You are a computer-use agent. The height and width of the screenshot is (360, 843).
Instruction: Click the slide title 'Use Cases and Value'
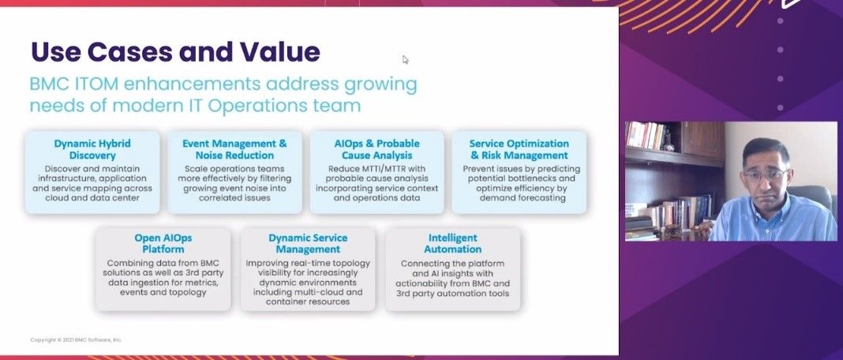(x=175, y=51)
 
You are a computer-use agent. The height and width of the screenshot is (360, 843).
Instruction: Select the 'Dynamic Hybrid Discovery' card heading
(x=92, y=149)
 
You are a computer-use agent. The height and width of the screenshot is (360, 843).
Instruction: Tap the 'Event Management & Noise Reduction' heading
(x=234, y=149)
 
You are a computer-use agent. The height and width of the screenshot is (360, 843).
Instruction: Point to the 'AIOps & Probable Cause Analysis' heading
(x=377, y=149)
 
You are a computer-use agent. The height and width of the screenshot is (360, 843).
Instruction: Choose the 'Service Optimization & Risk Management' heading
(x=519, y=149)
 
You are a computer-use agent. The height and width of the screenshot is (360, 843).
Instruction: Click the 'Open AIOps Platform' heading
(x=163, y=244)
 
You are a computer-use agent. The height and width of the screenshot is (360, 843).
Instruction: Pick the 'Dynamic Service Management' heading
(x=308, y=244)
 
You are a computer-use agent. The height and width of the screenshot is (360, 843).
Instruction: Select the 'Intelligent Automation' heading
(x=453, y=244)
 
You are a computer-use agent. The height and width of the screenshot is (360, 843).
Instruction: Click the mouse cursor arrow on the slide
(x=406, y=59)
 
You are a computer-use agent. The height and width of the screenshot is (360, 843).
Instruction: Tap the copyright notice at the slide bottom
(x=77, y=339)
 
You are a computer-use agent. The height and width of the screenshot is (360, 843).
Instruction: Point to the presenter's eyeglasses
(x=766, y=175)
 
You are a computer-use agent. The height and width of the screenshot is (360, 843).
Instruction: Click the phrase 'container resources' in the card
(x=308, y=302)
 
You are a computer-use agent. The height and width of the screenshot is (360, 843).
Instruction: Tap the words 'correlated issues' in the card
(x=234, y=197)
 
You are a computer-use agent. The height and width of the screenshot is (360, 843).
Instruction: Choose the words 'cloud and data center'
(x=92, y=197)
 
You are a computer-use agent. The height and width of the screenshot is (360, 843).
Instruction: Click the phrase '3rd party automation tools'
(x=453, y=293)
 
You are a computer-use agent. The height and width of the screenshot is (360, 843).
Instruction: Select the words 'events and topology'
(x=163, y=292)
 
